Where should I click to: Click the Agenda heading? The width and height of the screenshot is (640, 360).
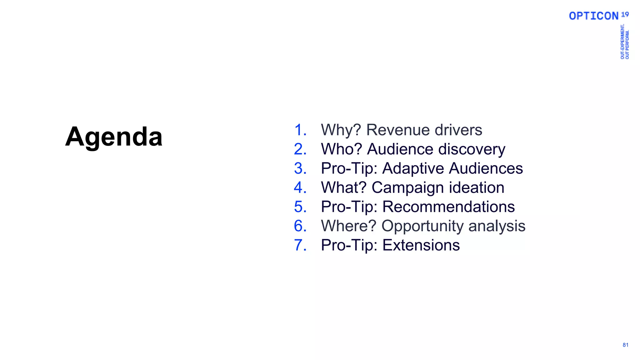[x=114, y=137]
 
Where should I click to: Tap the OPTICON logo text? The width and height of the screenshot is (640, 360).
[x=593, y=16]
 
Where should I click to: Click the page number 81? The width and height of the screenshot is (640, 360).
[x=625, y=345]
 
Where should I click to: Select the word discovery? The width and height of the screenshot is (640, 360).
[x=472, y=149]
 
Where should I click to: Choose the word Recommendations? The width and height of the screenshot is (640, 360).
[x=448, y=207]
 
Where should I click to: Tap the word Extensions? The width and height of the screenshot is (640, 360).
[x=421, y=245]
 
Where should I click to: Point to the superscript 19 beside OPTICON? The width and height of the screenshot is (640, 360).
[x=625, y=14]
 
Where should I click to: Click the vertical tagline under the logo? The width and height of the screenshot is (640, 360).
[x=625, y=42]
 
